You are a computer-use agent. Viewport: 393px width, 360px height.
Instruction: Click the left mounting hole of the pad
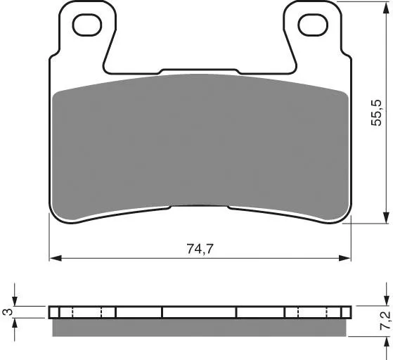(x=87, y=25)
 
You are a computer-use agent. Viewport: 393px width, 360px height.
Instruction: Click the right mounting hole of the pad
(x=313, y=25)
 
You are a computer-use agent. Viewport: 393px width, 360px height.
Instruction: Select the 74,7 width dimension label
(x=200, y=249)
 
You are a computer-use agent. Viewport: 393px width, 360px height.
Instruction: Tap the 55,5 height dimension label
(x=377, y=112)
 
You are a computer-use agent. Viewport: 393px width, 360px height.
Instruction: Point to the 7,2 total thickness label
(x=385, y=321)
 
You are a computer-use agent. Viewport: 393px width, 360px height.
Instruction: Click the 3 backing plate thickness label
(x=7, y=312)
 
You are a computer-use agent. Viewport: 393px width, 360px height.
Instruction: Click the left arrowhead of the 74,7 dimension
(x=56, y=258)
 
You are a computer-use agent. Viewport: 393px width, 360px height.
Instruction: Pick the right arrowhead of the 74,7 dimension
(x=345, y=258)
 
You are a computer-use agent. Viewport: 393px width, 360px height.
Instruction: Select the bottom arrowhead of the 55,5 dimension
(x=386, y=217)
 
